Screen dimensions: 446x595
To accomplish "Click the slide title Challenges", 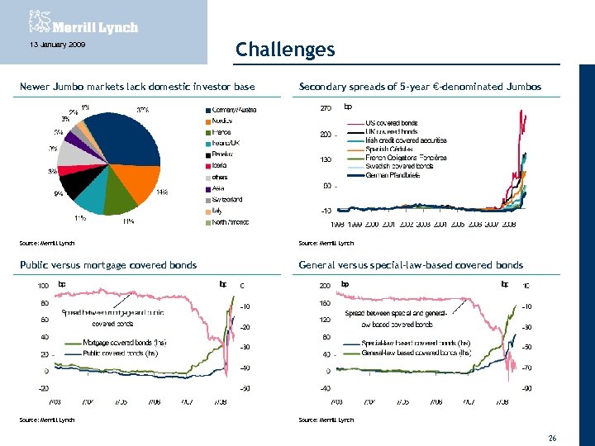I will pos(285,50).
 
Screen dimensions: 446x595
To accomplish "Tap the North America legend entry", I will pos(231,221).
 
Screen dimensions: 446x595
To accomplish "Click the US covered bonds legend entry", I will pos(392,123).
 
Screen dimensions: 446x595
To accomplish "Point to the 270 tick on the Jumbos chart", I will pos(326,107).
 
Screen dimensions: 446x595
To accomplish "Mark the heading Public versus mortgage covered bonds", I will pos(108,265).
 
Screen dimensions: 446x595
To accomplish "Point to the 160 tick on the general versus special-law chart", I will pos(326,302).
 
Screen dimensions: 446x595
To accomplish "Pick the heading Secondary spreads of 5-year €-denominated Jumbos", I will pos(420,87).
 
